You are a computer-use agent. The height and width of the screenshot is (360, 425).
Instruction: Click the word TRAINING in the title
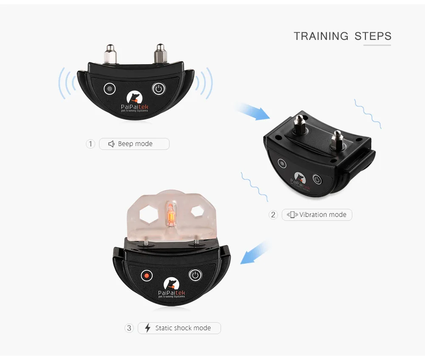click(x=321, y=36)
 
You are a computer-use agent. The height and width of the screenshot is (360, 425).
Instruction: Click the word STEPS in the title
click(x=373, y=36)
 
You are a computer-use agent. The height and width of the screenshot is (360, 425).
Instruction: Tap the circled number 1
click(x=91, y=144)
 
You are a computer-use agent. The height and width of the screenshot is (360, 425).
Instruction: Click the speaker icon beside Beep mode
click(x=111, y=144)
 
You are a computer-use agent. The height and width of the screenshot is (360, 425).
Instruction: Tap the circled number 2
click(x=273, y=215)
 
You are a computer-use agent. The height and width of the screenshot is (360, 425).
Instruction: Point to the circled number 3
click(x=129, y=328)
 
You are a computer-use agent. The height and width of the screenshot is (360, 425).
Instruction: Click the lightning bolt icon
click(x=148, y=328)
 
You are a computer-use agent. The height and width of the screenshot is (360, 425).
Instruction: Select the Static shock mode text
click(x=183, y=328)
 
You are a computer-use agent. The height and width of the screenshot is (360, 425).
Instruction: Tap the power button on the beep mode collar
click(x=159, y=88)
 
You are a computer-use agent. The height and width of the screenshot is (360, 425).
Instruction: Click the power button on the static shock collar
click(x=195, y=276)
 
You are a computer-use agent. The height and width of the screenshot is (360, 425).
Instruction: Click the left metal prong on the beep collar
click(x=110, y=54)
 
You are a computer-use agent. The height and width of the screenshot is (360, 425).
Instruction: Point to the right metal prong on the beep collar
click(x=161, y=53)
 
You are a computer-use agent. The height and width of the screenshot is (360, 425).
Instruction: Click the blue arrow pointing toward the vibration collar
click(x=253, y=111)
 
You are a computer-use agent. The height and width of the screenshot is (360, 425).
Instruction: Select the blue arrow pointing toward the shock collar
click(x=255, y=253)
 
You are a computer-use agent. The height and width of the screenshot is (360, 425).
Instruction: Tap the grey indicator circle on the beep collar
click(x=110, y=89)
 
